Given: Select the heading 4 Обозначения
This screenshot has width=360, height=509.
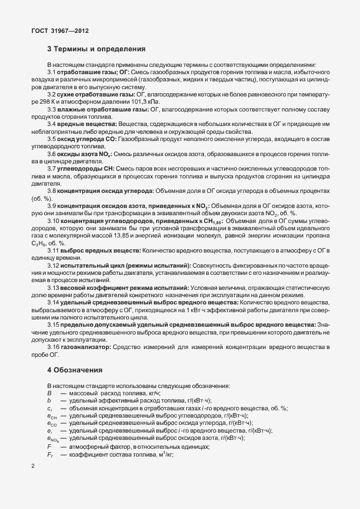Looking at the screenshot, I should pos(77,370).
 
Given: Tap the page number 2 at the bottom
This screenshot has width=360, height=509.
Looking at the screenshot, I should pos(33,467).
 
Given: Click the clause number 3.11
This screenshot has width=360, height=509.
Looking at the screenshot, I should pos(56,250).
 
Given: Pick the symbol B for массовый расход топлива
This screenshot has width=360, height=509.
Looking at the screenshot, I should pos(49,394).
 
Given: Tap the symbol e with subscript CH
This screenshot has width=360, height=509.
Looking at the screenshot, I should pos(50,416).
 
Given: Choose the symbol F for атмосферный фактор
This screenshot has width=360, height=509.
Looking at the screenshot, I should pos(49,447).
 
